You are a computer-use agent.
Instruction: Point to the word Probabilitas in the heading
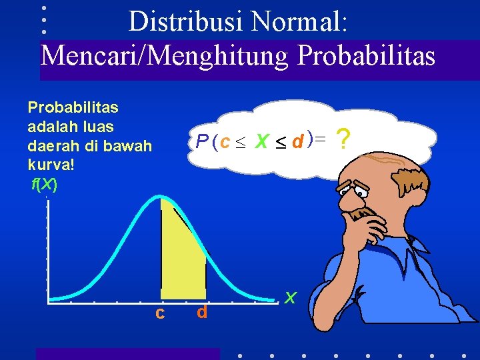[x=366, y=55]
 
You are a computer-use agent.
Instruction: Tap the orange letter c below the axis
[x=160, y=312]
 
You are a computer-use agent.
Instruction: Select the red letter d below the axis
[x=202, y=312]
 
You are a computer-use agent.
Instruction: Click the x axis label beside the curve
[x=290, y=297]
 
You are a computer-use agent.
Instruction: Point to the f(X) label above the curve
[x=45, y=183]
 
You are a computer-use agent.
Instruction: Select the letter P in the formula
[x=202, y=141]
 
